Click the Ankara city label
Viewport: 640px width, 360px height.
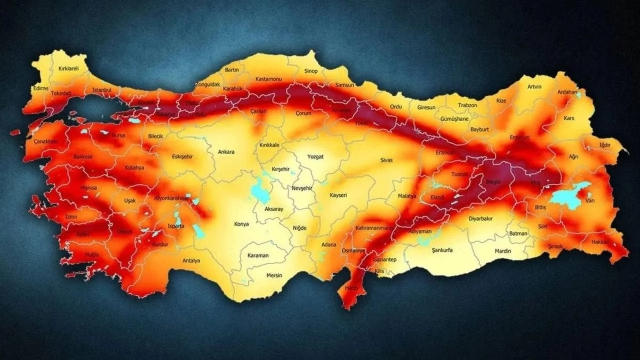click(x=226, y=152)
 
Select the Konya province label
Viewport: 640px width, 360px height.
click(x=242, y=224)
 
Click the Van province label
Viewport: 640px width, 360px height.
click(x=590, y=201)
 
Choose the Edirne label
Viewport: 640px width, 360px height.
click(x=41, y=88)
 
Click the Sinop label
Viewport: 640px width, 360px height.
click(x=310, y=71)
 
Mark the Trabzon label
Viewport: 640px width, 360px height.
click(x=467, y=105)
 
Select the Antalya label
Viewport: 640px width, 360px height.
click(x=191, y=261)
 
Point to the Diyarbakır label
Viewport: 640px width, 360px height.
click(x=481, y=219)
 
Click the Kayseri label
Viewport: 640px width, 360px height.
click(x=338, y=195)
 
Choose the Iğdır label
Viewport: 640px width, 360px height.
click(x=604, y=145)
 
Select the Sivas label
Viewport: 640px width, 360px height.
click(x=386, y=159)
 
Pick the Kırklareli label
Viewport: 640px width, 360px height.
click(x=61, y=69)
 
